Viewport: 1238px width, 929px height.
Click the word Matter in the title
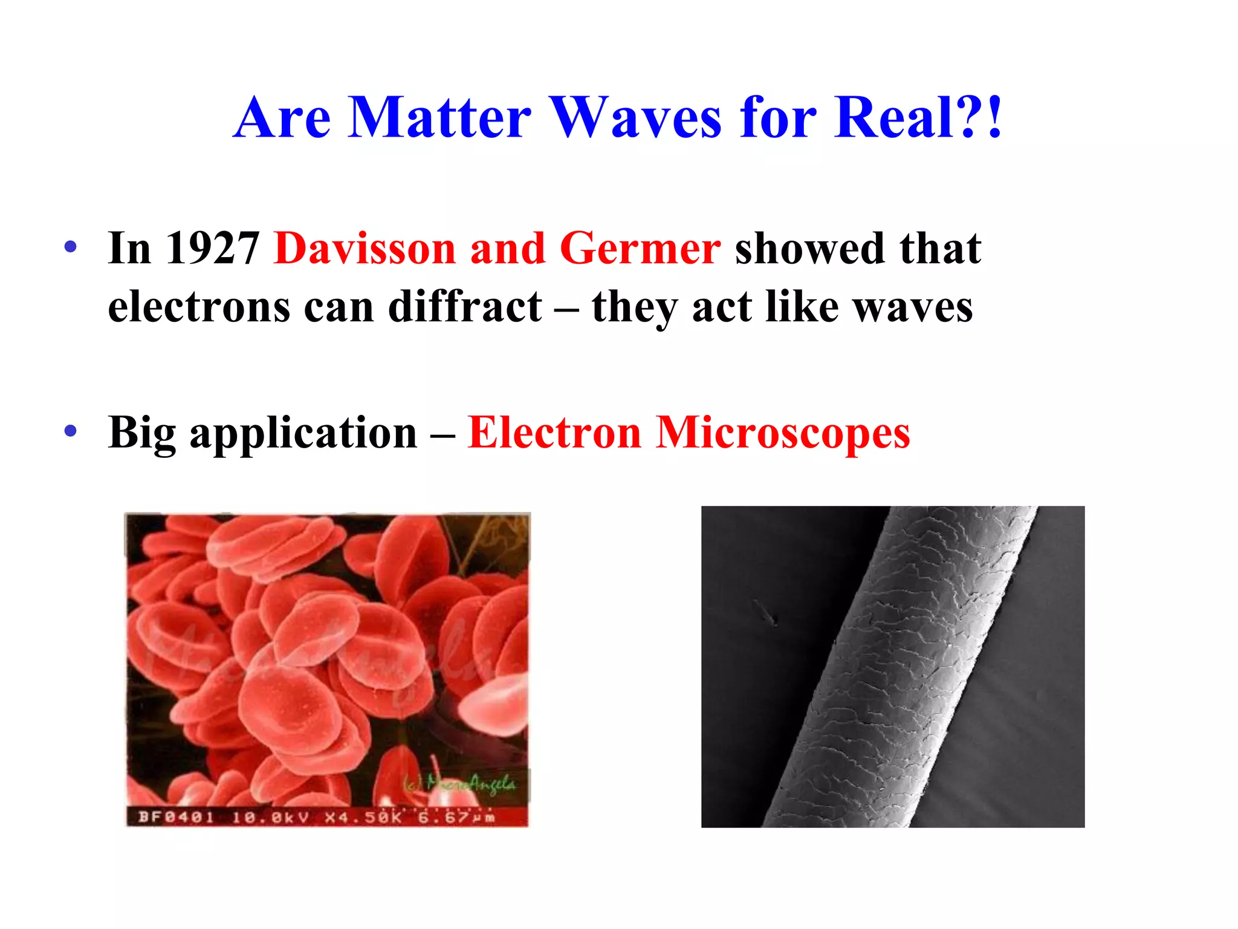pos(439,117)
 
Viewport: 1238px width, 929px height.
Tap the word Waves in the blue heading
pos(637,117)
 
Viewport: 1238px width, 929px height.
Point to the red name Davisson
pos(365,249)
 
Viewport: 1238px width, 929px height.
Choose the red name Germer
pos(640,249)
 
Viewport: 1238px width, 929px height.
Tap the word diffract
pos(465,307)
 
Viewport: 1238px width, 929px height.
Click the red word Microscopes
pos(783,433)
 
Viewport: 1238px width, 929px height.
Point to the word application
pos(303,433)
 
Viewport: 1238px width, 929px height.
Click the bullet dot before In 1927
pos(71,247)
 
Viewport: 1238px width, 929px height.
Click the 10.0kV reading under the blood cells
pos(270,818)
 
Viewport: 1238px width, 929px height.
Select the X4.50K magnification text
pos(363,818)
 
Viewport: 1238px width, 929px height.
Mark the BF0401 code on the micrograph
pos(176,818)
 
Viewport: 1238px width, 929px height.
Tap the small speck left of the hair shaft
pos(766,613)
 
